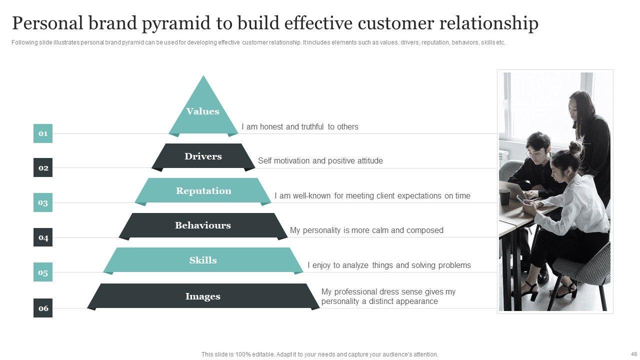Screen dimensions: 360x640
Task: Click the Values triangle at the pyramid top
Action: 203,111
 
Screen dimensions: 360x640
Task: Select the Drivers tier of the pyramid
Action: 203,156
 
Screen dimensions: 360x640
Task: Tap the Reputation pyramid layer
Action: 203,190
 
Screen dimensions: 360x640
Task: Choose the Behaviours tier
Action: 203,225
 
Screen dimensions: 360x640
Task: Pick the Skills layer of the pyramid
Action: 203,260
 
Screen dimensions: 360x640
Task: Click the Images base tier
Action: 203,296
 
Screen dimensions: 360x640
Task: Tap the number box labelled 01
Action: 43,133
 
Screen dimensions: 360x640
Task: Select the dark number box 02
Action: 43,167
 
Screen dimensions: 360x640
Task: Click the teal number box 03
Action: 43,202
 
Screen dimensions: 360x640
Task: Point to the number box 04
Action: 43,237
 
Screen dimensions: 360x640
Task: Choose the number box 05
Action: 43,272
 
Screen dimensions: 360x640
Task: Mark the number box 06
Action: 43,308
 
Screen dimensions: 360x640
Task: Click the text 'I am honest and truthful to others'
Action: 300,127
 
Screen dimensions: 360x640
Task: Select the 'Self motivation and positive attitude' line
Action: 320,161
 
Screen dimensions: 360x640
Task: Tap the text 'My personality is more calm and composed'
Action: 366,230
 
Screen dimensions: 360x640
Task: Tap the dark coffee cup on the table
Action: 504,197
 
